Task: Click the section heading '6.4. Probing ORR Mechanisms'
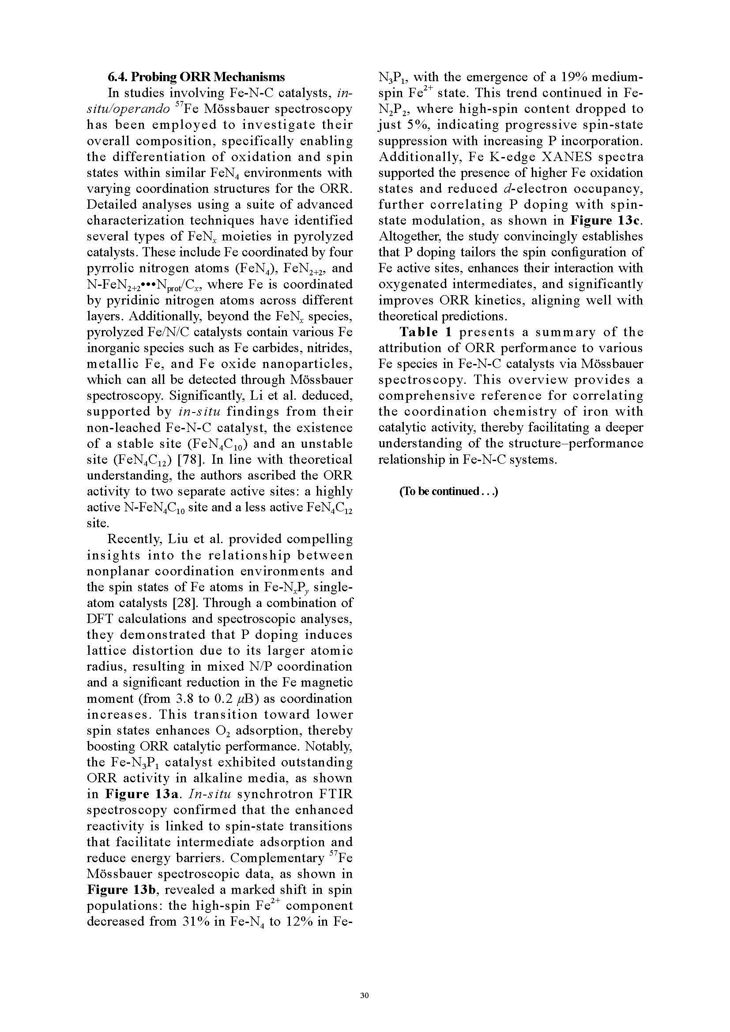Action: tap(196, 77)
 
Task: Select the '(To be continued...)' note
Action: tap(448, 491)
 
